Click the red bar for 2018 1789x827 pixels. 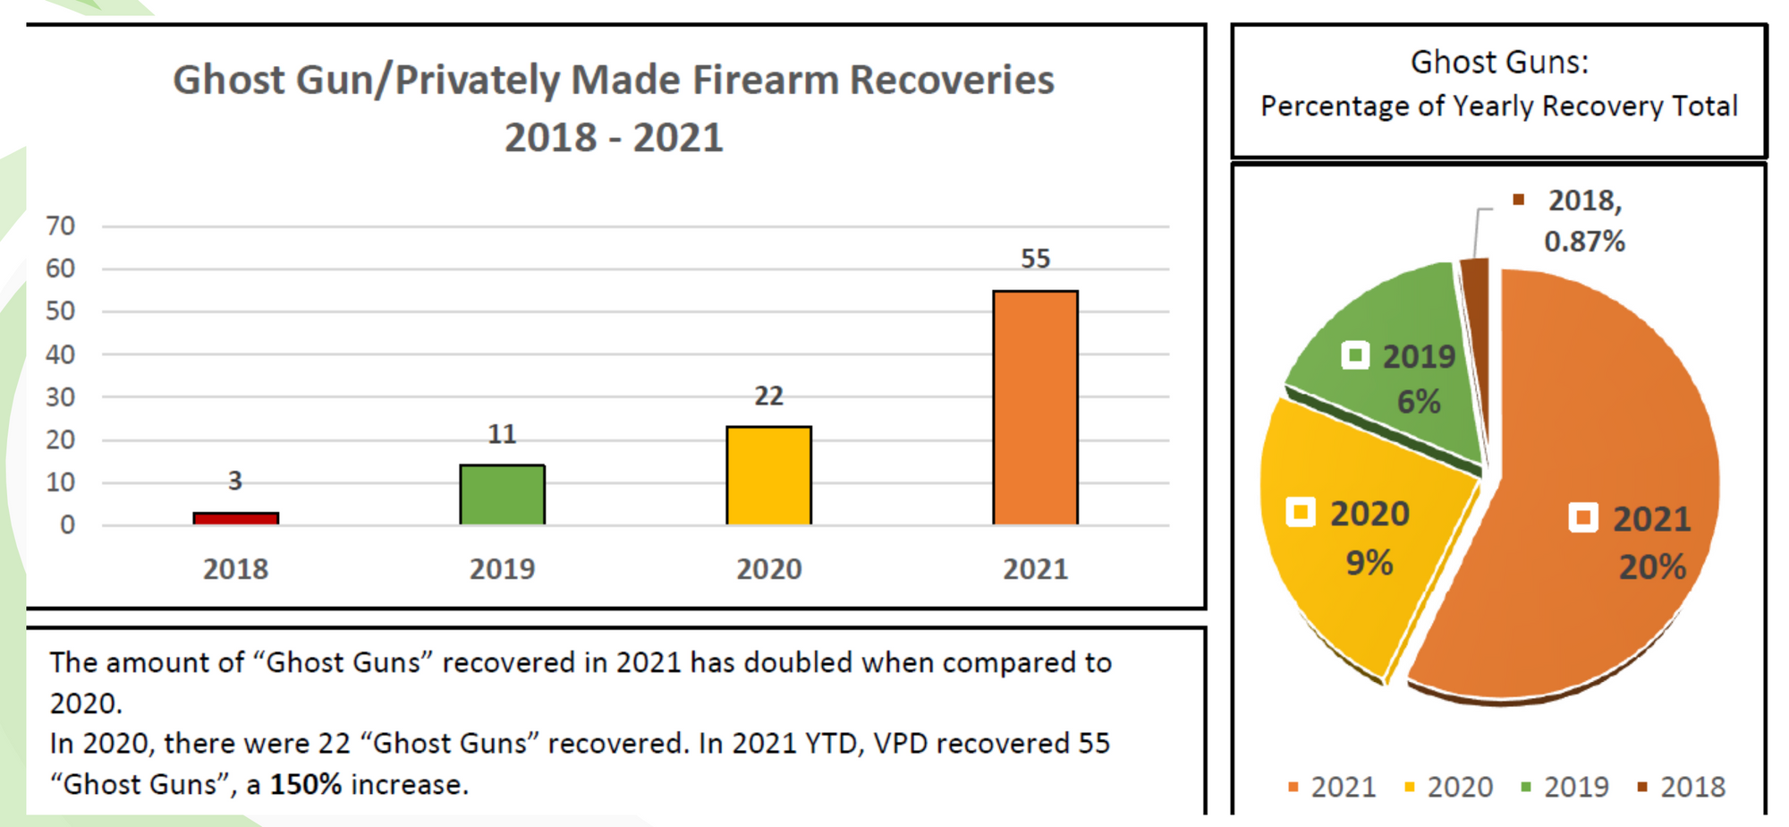click(235, 518)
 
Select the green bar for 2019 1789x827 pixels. click(502, 494)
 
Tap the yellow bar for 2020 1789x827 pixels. click(768, 475)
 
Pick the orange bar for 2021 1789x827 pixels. click(1035, 407)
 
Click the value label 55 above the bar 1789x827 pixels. click(1035, 259)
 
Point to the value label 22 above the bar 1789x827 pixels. click(768, 396)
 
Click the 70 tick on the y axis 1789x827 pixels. click(60, 226)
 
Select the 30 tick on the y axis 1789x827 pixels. click(60, 396)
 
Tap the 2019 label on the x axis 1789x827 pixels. click(502, 569)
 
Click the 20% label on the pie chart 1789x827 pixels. click(1651, 567)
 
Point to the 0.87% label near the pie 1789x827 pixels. click(1583, 242)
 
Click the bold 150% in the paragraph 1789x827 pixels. click(305, 785)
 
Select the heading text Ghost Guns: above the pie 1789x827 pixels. click(1499, 63)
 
